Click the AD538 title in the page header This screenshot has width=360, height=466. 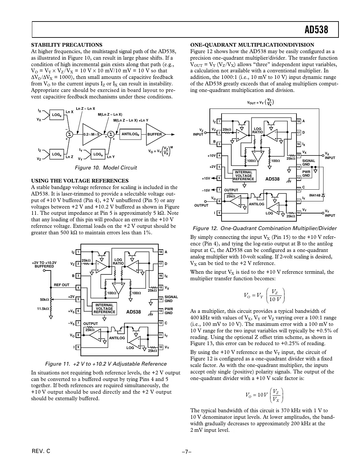pyautogui.click(x=316, y=30)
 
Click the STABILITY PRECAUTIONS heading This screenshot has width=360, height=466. pyautogui.click(x=66, y=45)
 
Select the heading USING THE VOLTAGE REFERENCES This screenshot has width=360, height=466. pyautogui.click(x=79, y=181)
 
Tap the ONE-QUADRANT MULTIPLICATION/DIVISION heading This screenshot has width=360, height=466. pyautogui.click(x=252, y=45)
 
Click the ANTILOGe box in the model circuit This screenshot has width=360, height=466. pyautogui.click(x=130, y=134)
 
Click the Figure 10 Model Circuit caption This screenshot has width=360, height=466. pyautogui.click(x=106, y=168)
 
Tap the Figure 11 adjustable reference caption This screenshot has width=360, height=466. pyautogui.click(x=106, y=364)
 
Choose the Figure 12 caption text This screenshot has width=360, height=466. pyautogui.click(x=265, y=228)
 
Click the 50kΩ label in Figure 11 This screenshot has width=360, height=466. pyautogui.click(x=44, y=299)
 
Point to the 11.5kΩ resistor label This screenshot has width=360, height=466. pyautogui.click(x=43, y=309)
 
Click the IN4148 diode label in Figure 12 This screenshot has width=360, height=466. pyautogui.click(x=315, y=195)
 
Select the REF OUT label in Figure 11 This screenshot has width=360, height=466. pyautogui.click(x=62, y=285)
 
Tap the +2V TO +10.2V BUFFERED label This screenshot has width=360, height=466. pyautogui.click(x=44, y=264)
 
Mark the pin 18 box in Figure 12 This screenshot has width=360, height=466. pyautogui.click(x=298, y=121)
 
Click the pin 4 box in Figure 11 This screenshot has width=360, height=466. pyautogui.click(x=78, y=287)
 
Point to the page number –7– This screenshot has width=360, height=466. pyautogui.click(x=186, y=452)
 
